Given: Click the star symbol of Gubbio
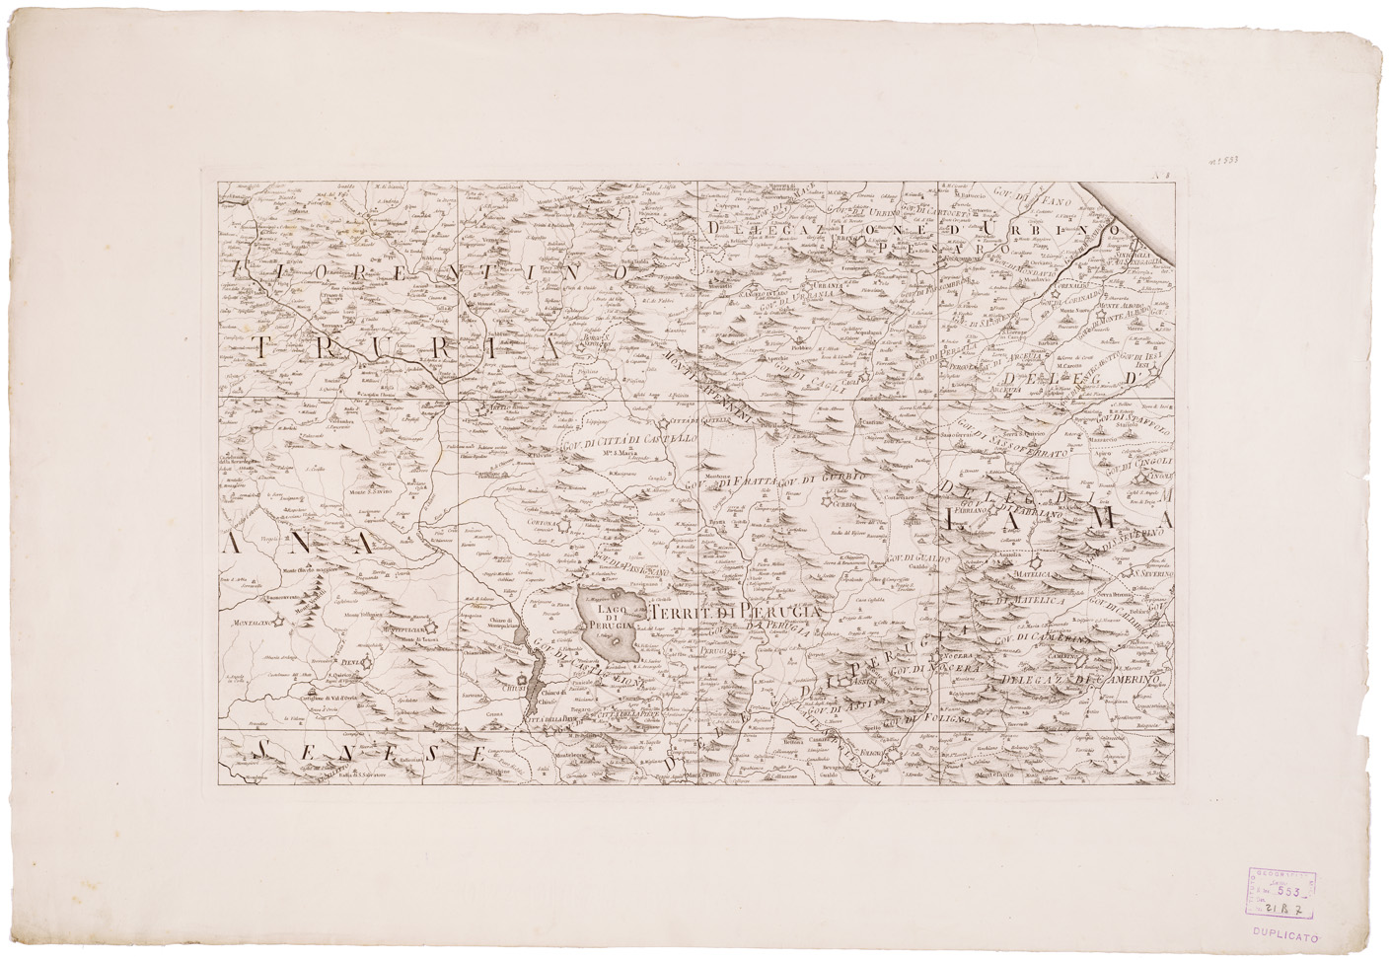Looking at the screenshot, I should click(x=826, y=501).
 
